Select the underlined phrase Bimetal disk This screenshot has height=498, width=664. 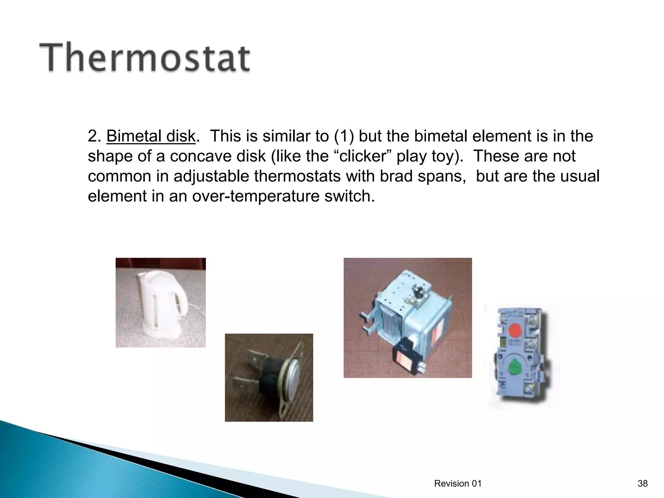(x=151, y=136)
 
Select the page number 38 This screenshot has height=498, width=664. (x=642, y=484)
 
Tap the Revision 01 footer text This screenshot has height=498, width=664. (x=458, y=484)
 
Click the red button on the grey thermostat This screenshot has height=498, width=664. (x=514, y=331)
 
